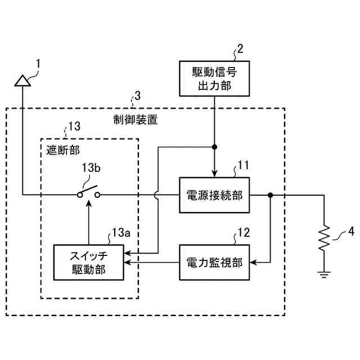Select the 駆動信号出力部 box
tap(214, 79)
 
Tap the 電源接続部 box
tap(214, 195)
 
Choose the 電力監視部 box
tap(214, 263)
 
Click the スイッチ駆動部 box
tap(89, 263)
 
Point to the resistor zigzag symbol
tap(324, 238)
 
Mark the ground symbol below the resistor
tap(324, 274)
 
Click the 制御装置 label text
tap(136, 120)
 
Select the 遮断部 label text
tap(63, 150)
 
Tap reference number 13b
tap(91, 168)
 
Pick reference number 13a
tap(121, 232)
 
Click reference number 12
tap(244, 232)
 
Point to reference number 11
tap(243, 165)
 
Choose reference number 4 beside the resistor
tap(351, 231)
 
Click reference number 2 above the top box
tap(240, 49)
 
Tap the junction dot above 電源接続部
tap(214, 147)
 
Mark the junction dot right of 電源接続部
tap(271, 195)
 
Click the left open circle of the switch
tap(80, 195)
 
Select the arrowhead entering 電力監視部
tap(253, 263)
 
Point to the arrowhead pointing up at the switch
tap(89, 204)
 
